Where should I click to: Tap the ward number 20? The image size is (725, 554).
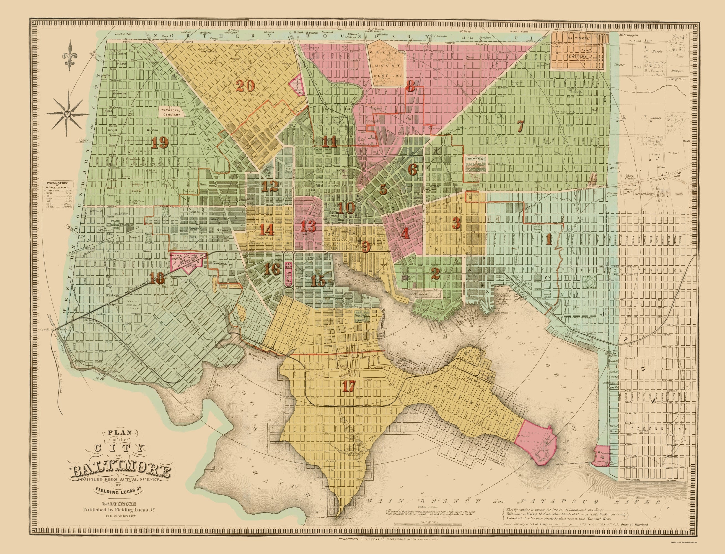245,87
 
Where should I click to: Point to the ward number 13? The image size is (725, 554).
308,227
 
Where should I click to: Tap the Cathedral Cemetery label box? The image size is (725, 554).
170,112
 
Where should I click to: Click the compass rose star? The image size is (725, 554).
68,114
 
